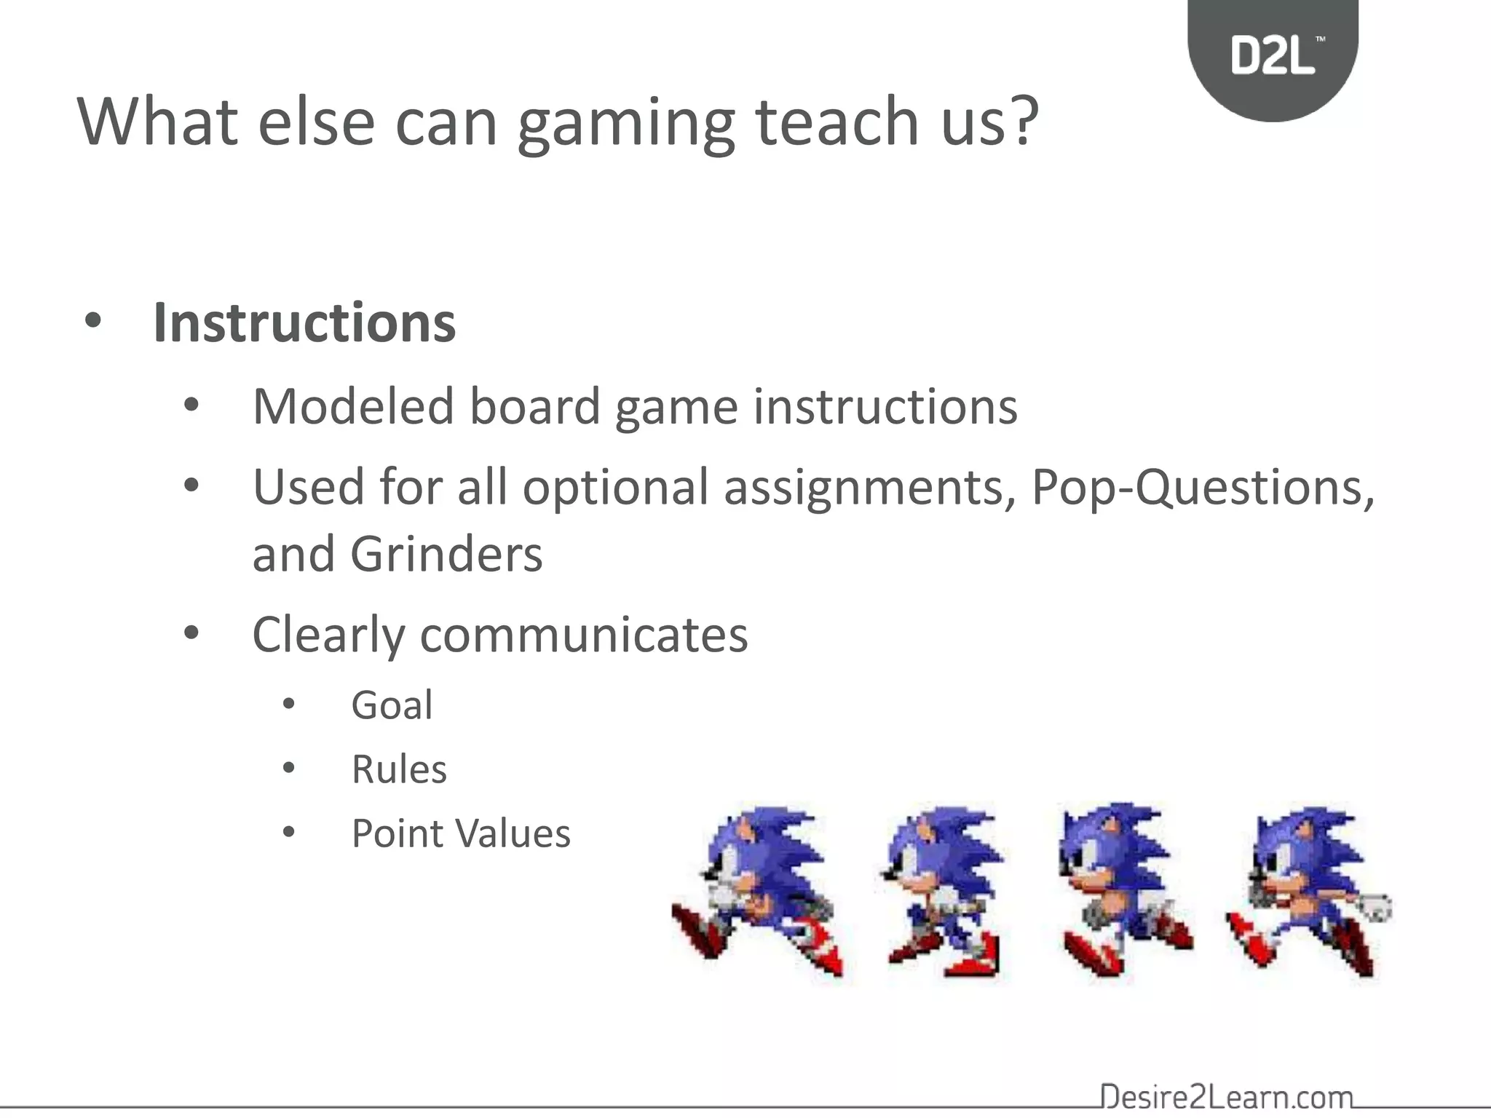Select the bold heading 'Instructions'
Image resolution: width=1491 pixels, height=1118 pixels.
coord(304,322)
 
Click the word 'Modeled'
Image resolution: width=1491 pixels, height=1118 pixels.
coord(353,406)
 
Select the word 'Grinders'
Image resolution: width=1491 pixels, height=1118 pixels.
coord(446,555)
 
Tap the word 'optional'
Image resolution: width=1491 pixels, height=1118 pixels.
coord(615,488)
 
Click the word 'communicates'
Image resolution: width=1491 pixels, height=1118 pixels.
coord(584,635)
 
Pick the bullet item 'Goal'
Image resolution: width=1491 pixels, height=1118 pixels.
coord(392,705)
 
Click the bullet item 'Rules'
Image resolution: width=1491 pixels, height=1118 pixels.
coord(399,769)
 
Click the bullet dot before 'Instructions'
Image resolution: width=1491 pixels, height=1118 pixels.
coord(92,321)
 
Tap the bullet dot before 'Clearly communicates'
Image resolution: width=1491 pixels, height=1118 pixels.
coord(191,633)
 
